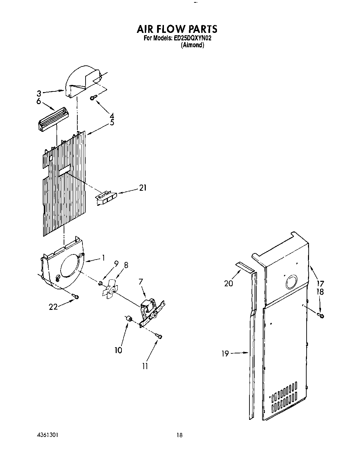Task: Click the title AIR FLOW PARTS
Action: tap(177, 28)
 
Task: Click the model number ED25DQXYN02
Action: tap(192, 39)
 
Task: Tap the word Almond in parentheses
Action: tap(192, 45)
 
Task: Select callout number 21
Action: tap(143, 188)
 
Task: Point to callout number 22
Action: tap(53, 307)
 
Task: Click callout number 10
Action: tap(118, 350)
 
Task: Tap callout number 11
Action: tap(145, 366)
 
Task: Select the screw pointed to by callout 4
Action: tap(93, 98)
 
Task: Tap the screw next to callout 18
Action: tap(321, 315)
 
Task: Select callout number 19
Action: tap(225, 354)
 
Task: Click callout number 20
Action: tap(228, 283)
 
